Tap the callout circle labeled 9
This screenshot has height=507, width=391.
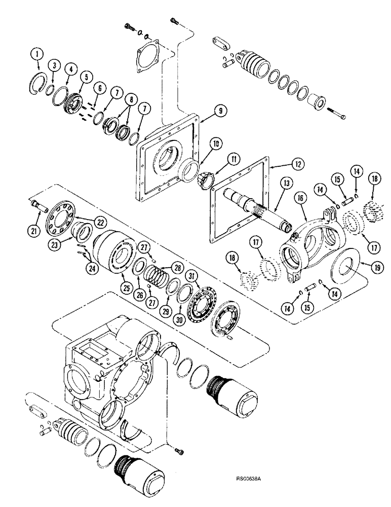tap(208, 110)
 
